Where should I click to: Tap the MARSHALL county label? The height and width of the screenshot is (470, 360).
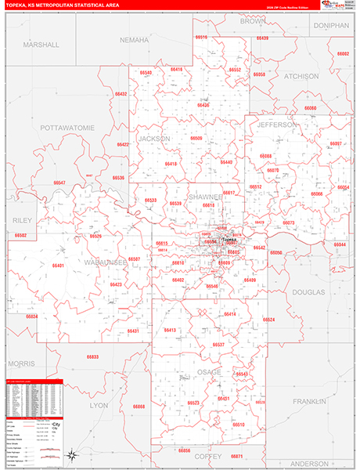click(41, 45)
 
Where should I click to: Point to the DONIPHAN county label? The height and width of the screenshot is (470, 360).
click(330, 25)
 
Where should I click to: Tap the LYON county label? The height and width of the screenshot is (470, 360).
click(99, 405)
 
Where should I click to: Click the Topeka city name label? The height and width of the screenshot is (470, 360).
click(229, 239)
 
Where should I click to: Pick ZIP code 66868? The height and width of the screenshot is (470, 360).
click(139, 407)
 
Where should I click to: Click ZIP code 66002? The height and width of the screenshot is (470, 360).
click(343, 54)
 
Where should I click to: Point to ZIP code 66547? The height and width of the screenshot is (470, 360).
click(59, 183)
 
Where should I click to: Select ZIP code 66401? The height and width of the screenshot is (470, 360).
click(59, 266)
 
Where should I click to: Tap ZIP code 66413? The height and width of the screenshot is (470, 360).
click(170, 330)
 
